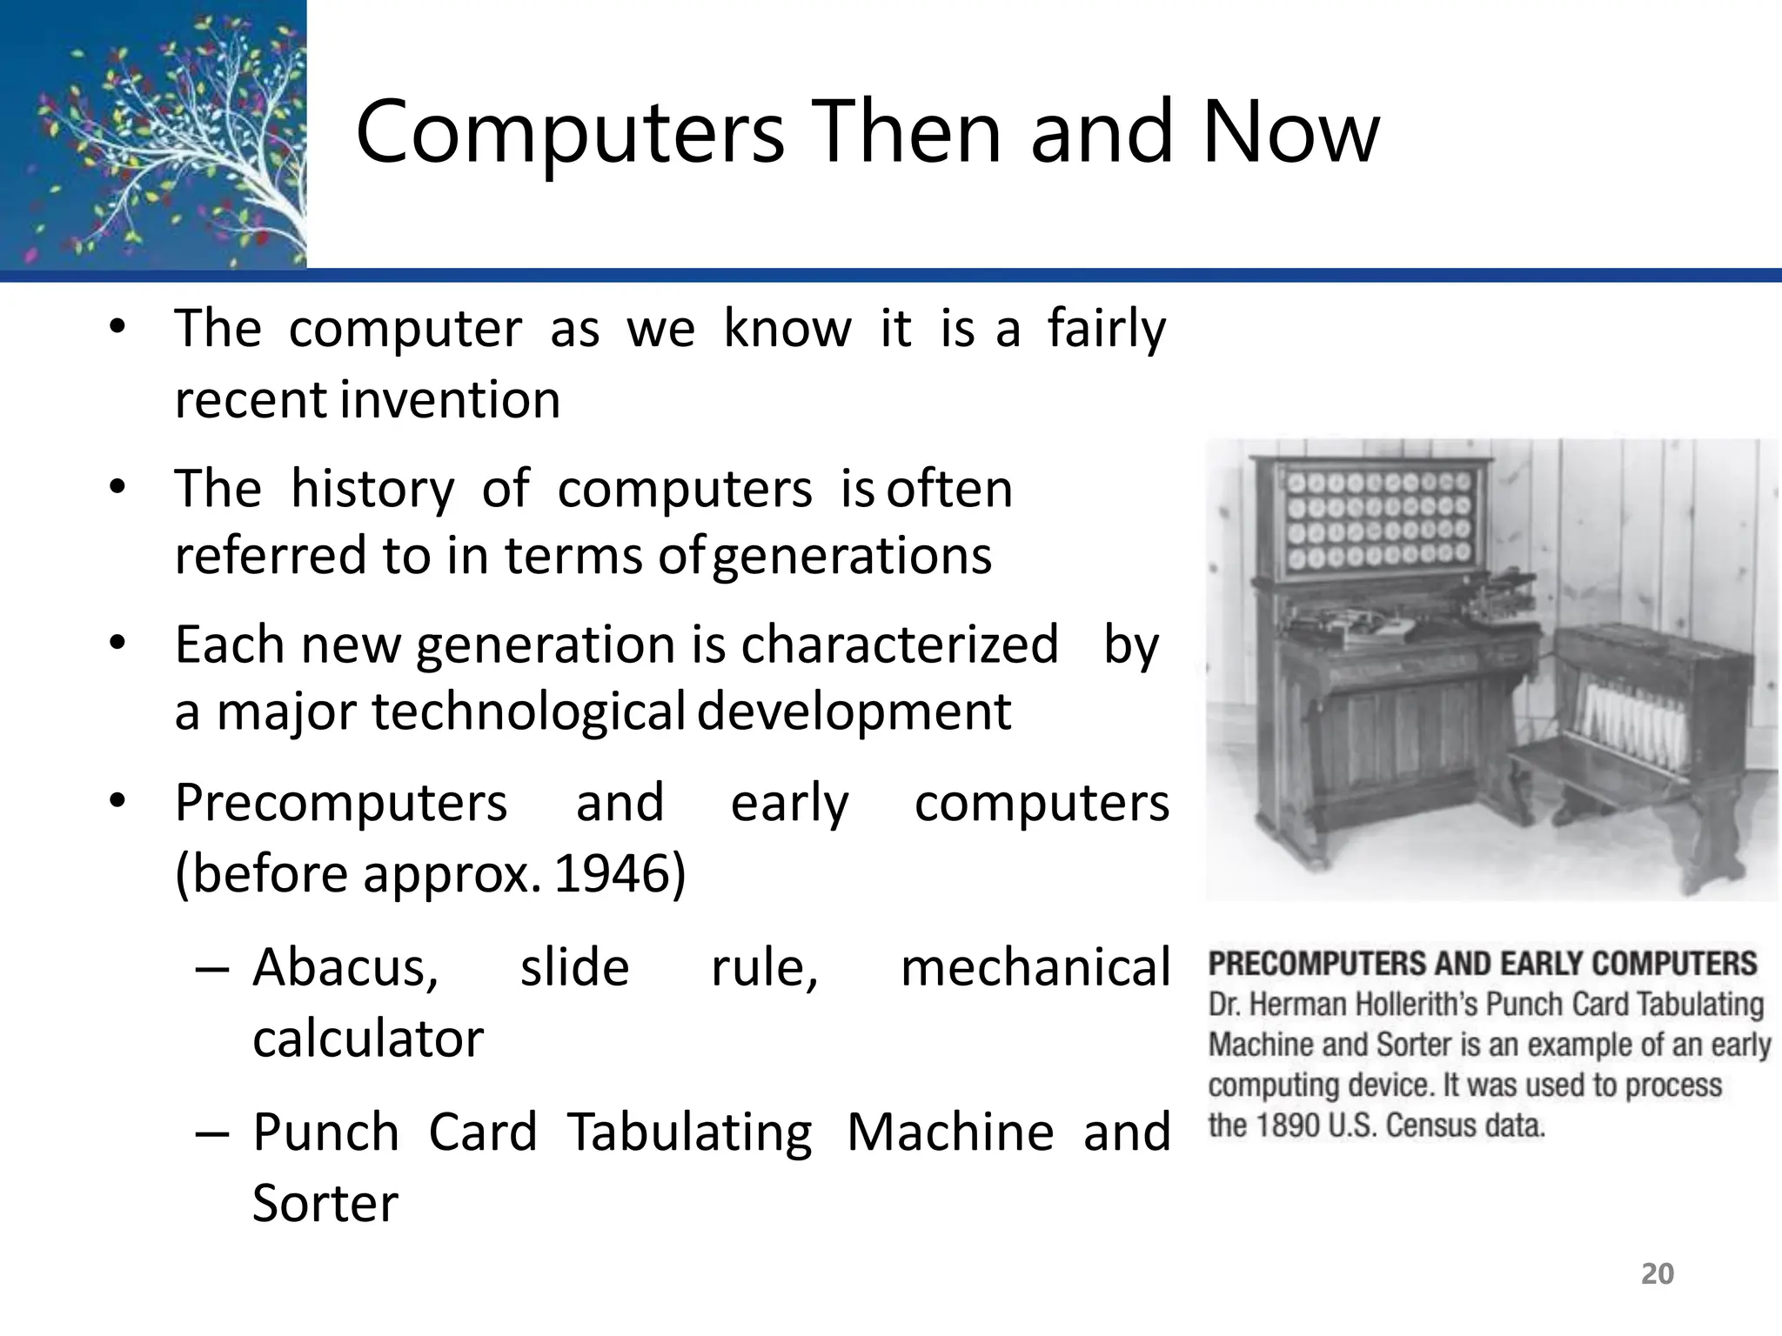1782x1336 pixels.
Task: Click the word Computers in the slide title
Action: (570, 132)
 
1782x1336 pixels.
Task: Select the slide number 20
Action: (1657, 1273)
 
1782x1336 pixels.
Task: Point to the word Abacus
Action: (345, 967)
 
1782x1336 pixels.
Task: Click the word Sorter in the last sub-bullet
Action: (325, 1203)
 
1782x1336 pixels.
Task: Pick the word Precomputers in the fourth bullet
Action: (341, 802)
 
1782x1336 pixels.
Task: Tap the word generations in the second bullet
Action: (852, 556)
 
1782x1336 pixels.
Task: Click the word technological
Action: (529, 711)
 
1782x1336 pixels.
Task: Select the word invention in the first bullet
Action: (451, 400)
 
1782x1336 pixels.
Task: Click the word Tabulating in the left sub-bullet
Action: (690, 1132)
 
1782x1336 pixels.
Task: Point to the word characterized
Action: (900, 645)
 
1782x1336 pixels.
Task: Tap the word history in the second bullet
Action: (372, 489)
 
